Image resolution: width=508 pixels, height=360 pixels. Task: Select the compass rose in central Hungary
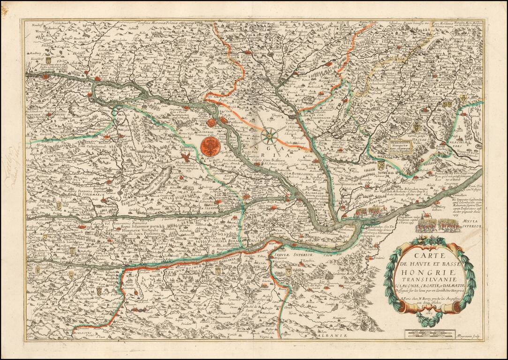tap(270, 136)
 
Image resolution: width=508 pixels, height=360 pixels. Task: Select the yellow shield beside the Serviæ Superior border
tap(288, 271)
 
